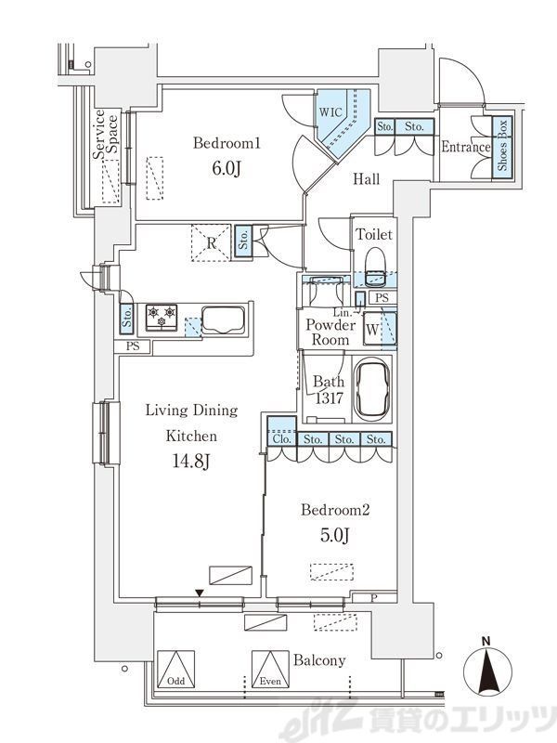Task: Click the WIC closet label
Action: (x=330, y=112)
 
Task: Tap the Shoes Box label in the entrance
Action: (x=502, y=145)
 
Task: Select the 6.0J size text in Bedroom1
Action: (x=227, y=168)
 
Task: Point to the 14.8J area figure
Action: (x=191, y=461)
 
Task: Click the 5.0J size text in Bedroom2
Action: (x=335, y=535)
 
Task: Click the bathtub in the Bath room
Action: (x=373, y=388)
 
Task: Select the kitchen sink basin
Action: (x=223, y=320)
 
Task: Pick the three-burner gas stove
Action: (x=161, y=317)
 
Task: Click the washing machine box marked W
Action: (x=372, y=330)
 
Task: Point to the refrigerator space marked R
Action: (x=212, y=242)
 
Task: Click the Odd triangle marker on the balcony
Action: (x=176, y=669)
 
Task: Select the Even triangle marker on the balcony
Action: (x=270, y=669)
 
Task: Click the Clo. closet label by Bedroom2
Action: (x=281, y=439)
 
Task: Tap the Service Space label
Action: (x=105, y=135)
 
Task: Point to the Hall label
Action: (x=366, y=178)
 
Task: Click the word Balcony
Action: (x=319, y=660)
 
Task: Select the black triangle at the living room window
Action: (x=200, y=593)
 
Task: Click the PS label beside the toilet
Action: (x=382, y=297)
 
